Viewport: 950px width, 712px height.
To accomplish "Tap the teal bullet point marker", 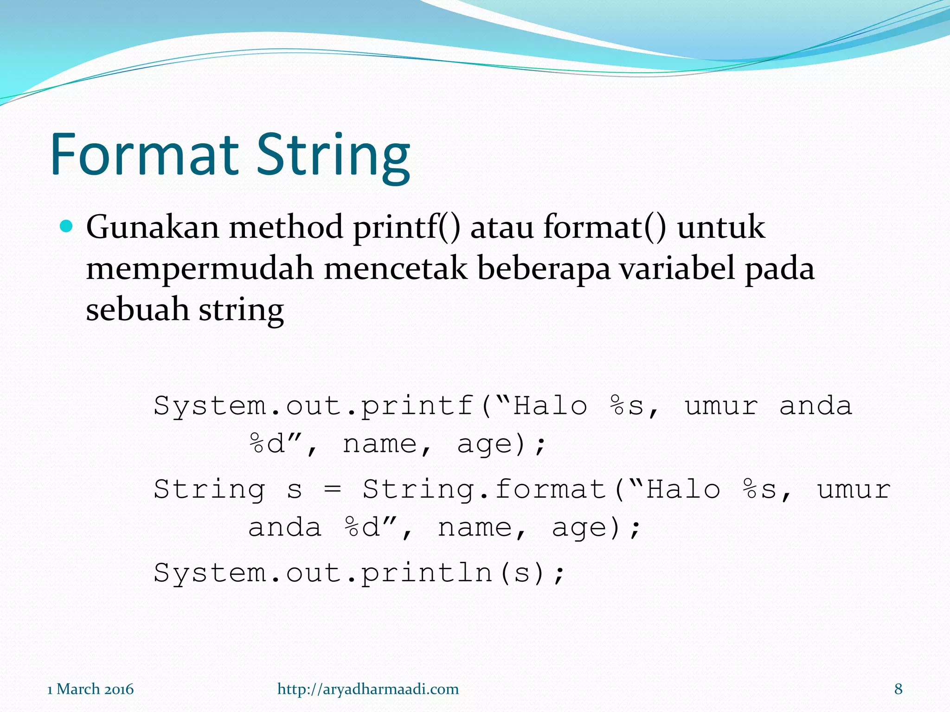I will [x=67, y=227].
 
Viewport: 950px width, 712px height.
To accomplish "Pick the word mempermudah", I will [x=199, y=269].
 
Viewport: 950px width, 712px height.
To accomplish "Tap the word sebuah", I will [x=137, y=310].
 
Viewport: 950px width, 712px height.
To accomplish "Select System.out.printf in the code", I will [x=314, y=407].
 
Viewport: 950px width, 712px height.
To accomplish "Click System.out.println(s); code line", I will [x=359, y=573].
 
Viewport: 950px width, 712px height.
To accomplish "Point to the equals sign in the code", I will [x=332, y=490].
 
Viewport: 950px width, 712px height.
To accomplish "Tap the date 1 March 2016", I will [x=90, y=689].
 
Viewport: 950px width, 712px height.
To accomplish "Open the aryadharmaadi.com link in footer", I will [x=368, y=689].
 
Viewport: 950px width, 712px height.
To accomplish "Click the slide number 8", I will [x=898, y=689].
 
